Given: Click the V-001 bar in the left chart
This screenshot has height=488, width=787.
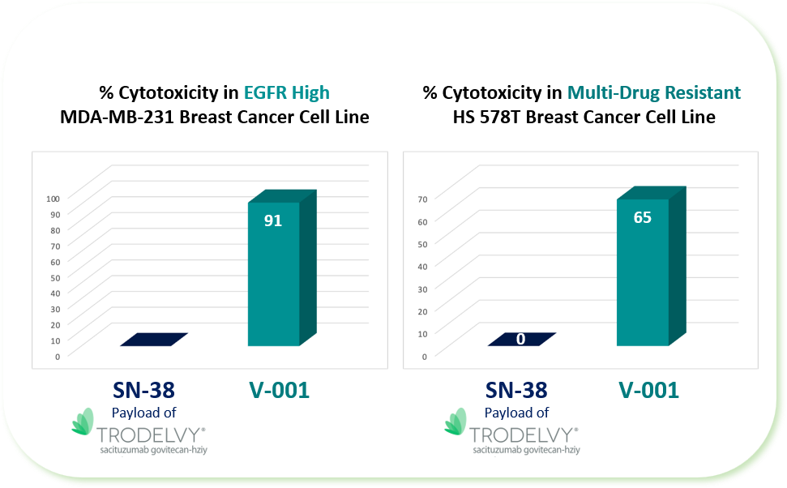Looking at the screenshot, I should (273, 276).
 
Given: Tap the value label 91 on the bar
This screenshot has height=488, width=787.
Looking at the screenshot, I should (273, 220).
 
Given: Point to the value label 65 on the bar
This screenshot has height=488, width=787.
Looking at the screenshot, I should (643, 217).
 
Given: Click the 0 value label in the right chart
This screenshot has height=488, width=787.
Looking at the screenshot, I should (520, 339).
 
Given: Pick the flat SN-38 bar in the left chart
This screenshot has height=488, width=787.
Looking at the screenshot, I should (154, 339).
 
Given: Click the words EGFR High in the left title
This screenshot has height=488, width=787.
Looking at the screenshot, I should (287, 92).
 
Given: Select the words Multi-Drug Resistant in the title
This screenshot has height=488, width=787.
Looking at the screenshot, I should (653, 92).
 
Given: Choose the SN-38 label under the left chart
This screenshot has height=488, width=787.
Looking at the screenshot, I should (144, 390).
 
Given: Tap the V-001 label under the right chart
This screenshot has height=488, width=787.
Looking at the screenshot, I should (648, 390).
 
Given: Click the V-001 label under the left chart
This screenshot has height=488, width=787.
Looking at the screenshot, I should (279, 390).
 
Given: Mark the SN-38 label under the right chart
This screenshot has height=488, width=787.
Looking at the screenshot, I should (516, 390).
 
